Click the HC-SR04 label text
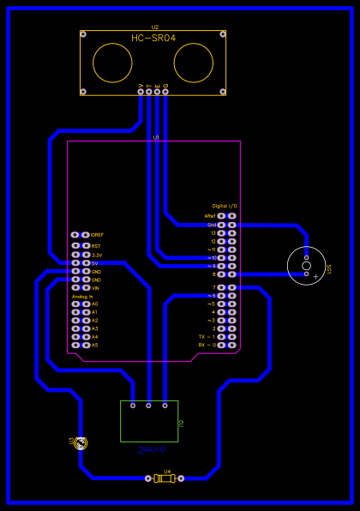click(153, 39)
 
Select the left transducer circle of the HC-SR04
click(112, 63)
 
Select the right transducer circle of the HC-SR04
click(194, 63)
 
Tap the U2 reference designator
click(154, 27)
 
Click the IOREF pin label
click(97, 235)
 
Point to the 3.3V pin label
click(97, 255)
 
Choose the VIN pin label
click(96, 288)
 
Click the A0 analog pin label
click(95, 304)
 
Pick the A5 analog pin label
click(95, 345)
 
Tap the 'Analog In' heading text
click(83, 297)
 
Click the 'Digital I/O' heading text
click(225, 207)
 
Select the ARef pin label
click(210, 216)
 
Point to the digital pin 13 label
click(213, 232)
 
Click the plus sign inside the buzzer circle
click(315, 276)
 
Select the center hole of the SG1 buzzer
click(306, 266)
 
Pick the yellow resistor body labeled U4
click(164, 478)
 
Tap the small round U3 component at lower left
click(81, 443)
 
